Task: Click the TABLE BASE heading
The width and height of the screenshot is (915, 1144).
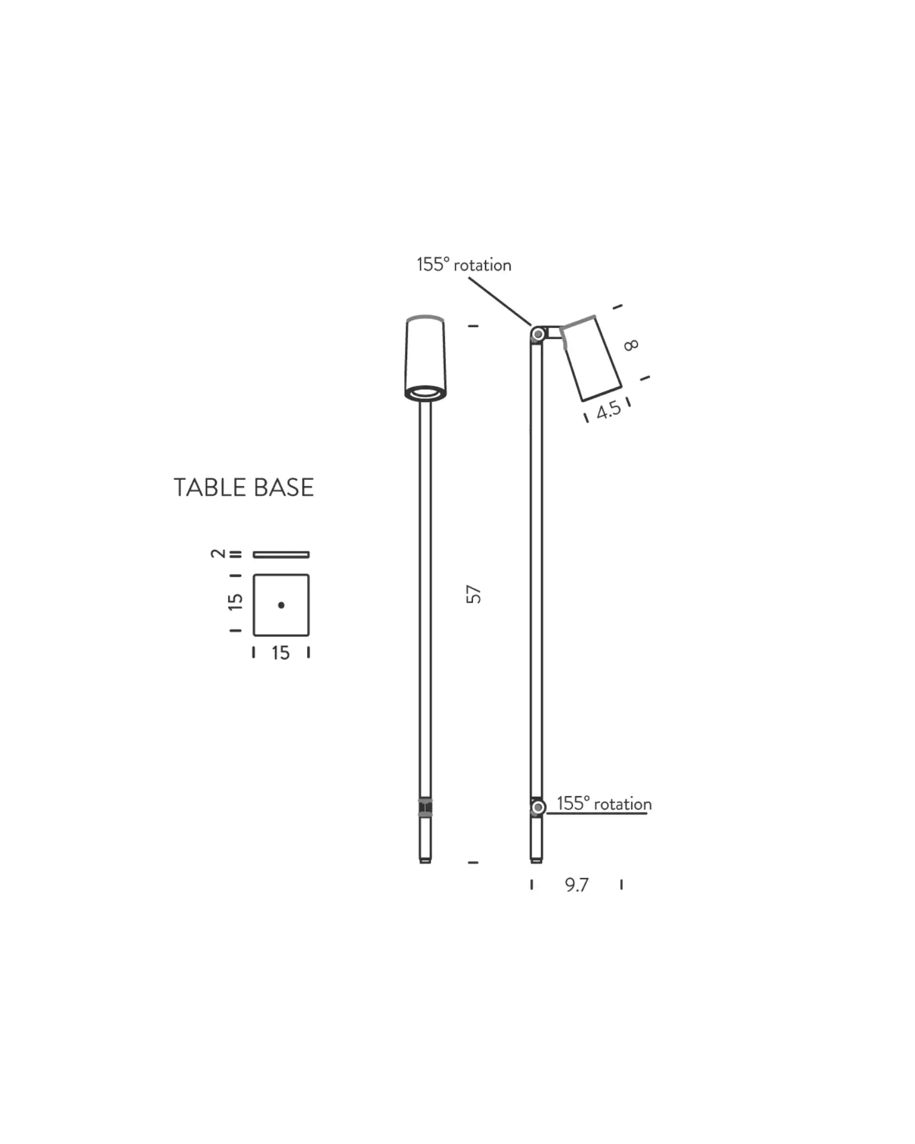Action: point(244,488)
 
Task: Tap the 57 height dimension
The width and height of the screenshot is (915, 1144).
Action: point(474,594)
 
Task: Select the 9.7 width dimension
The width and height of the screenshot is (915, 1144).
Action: point(576,885)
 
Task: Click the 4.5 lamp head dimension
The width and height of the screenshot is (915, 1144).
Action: point(608,410)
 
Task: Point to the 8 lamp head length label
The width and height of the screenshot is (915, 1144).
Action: point(631,345)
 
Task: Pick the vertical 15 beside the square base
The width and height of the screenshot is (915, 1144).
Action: point(235,602)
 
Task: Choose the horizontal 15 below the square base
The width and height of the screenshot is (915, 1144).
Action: point(281,653)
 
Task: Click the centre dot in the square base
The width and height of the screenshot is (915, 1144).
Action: point(281,605)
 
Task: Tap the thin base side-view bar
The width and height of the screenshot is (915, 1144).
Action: point(281,554)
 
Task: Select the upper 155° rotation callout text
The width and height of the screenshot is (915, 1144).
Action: point(464,265)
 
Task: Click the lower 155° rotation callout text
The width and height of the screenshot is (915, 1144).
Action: point(604,804)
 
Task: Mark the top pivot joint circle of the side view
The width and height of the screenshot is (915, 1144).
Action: point(538,333)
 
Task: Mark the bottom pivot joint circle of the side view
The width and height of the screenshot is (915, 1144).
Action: point(538,807)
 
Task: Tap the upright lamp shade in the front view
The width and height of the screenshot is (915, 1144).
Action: point(425,355)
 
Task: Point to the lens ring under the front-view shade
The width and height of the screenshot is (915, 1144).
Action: point(425,392)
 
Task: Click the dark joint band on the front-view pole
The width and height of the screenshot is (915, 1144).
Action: point(425,807)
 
